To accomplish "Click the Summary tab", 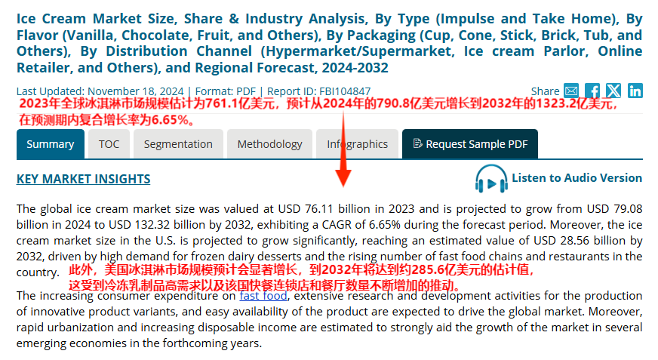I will point(51,144).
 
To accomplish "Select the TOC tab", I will point(109,144).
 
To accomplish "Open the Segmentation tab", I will point(178,144).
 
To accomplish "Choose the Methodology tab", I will point(269,144).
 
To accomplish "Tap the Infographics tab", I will point(357,144).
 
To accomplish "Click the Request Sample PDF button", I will point(469,144).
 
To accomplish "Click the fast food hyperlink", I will point(263,296).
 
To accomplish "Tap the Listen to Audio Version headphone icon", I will point(491,180).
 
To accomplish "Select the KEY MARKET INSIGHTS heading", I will point(83,179).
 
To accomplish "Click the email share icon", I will point(571,91).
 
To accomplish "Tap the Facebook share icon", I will point(592,91).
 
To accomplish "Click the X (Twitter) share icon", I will point(613,91).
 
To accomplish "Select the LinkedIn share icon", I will point(635,91).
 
